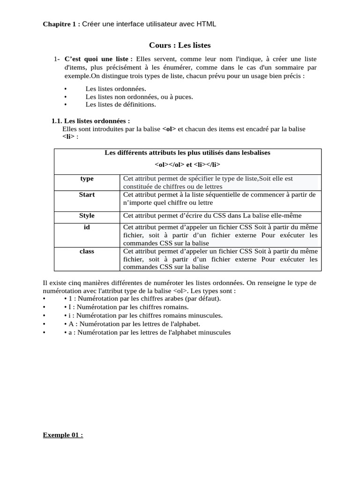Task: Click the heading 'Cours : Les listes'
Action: pos(180,45)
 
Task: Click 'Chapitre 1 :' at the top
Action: pos(61,24)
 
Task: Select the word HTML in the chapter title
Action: pos(206,24)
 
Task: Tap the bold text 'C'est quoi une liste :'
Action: pos(98,59)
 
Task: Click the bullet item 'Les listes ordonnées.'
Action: pos(116,88)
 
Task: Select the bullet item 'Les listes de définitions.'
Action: pos(120,105)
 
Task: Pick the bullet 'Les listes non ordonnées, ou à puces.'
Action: pos(139,97)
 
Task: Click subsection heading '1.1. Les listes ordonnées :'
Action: pos(90,121)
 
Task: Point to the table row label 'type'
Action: pos(87,179)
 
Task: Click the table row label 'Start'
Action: pos(87,195)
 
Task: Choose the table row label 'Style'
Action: pos(87,216)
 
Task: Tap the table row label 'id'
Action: pos(87,227)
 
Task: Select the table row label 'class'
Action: pos(87,251)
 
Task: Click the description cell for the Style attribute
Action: pos(212,216)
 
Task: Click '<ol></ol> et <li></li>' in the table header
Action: pos(187,165)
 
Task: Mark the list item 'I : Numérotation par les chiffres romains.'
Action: pos(126,307)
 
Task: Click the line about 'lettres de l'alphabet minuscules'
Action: pos(147,332)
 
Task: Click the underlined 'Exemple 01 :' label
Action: pos(63,435)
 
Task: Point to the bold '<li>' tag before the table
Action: pos(68,137)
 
